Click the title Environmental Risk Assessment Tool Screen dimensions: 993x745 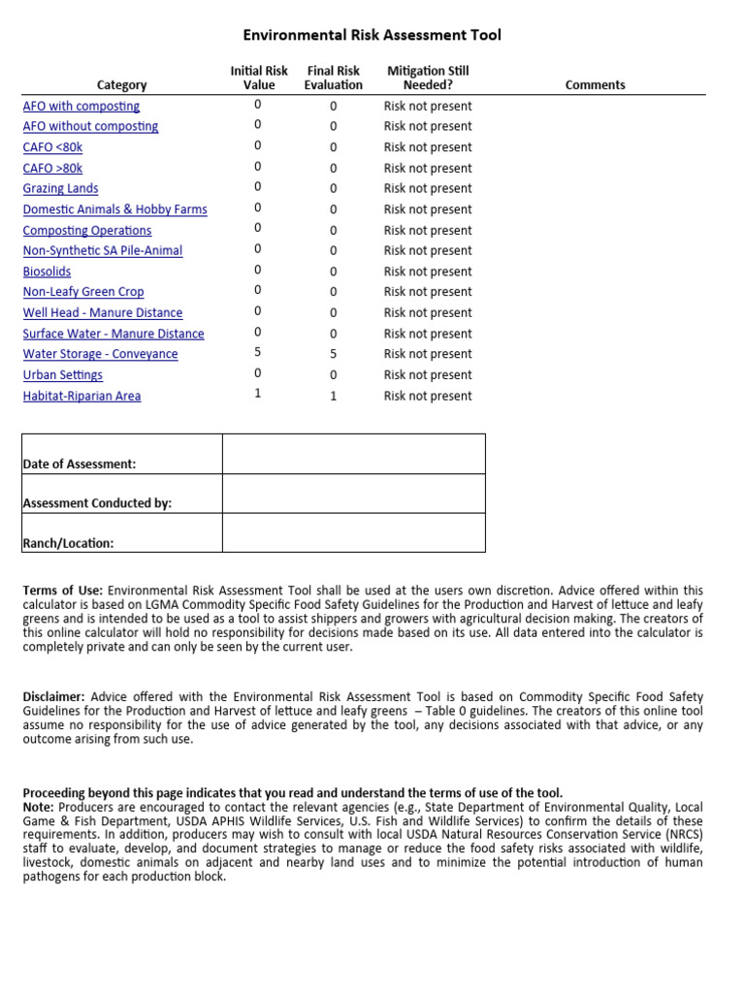click(372, 36)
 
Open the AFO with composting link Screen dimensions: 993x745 click(81, 106)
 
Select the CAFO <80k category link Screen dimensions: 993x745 click(53, 147)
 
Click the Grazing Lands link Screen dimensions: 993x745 click(60, 188)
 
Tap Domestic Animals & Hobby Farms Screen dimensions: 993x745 click(114, 209)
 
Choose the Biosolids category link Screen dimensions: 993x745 click(47, 272)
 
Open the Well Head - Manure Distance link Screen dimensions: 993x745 click(102, 312)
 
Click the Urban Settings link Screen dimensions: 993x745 click(62, 374)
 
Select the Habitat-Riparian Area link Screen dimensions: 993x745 click(81, 396)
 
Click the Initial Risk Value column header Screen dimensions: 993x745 click(258, 78)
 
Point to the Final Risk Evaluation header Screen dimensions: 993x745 click(333, 78)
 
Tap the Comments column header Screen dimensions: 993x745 click(595, 85)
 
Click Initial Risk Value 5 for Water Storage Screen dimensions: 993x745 click(258, 353)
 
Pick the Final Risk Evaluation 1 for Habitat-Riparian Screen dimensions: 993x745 click(333, 396)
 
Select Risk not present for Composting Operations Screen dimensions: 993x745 click(428, 230)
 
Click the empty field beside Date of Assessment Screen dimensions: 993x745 click(353, 454)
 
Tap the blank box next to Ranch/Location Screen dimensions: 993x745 click(353, 532)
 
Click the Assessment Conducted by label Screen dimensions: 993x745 click(97, 503)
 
